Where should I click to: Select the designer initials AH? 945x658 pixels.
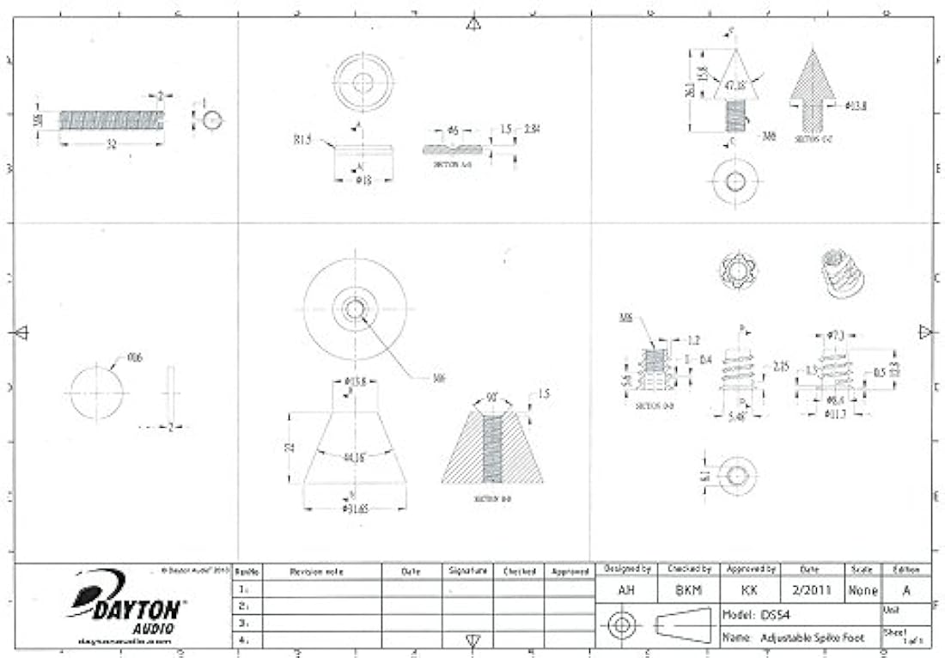pyautogui.click(x=627, y=590)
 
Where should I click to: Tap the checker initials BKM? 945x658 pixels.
pyautogui.click(x=689, y=590)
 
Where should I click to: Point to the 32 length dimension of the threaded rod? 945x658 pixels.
pyautogui.click(x=111, y=144)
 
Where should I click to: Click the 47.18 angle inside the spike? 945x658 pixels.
pyautogui.click(x=735, y=86)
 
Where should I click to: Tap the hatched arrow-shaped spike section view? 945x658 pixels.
pyautogui.click(x=812, y=90)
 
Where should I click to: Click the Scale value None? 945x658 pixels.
pyautogui.click(x=863, y=590)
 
